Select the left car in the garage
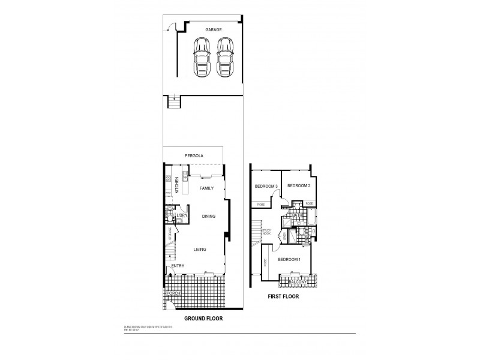(x=200, y=56)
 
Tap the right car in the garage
(x=224, y=56)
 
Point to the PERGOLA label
(x=194, y=155)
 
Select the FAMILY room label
(x=206, y=188)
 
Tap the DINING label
(x=208, y=217)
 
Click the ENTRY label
(x=178, y=265)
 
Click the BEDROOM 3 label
(x=266, y=186)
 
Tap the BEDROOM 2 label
(x=298, y=186)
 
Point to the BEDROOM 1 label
(x=289, y=259)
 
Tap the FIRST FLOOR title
(x=283, y=296)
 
